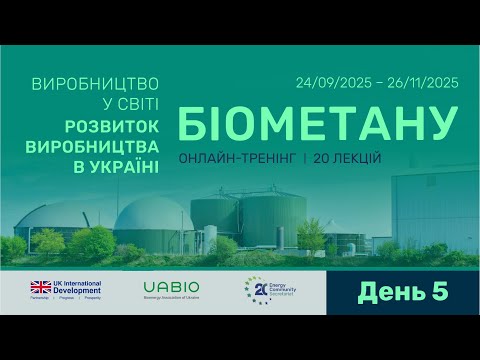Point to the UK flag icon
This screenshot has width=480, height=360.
pyautogui.click(x=41, y=286)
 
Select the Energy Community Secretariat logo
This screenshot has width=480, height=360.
pyautogui.click(x=264, y=290)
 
